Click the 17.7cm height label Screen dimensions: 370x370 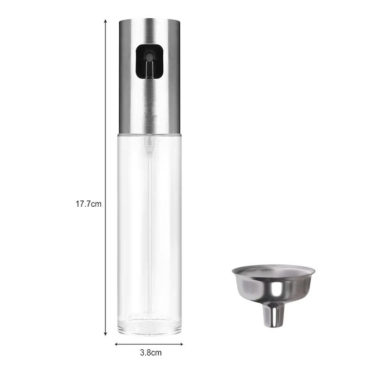point(88,203)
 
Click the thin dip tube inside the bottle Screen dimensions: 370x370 point(149,231)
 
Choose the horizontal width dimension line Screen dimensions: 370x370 point(149,344)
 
